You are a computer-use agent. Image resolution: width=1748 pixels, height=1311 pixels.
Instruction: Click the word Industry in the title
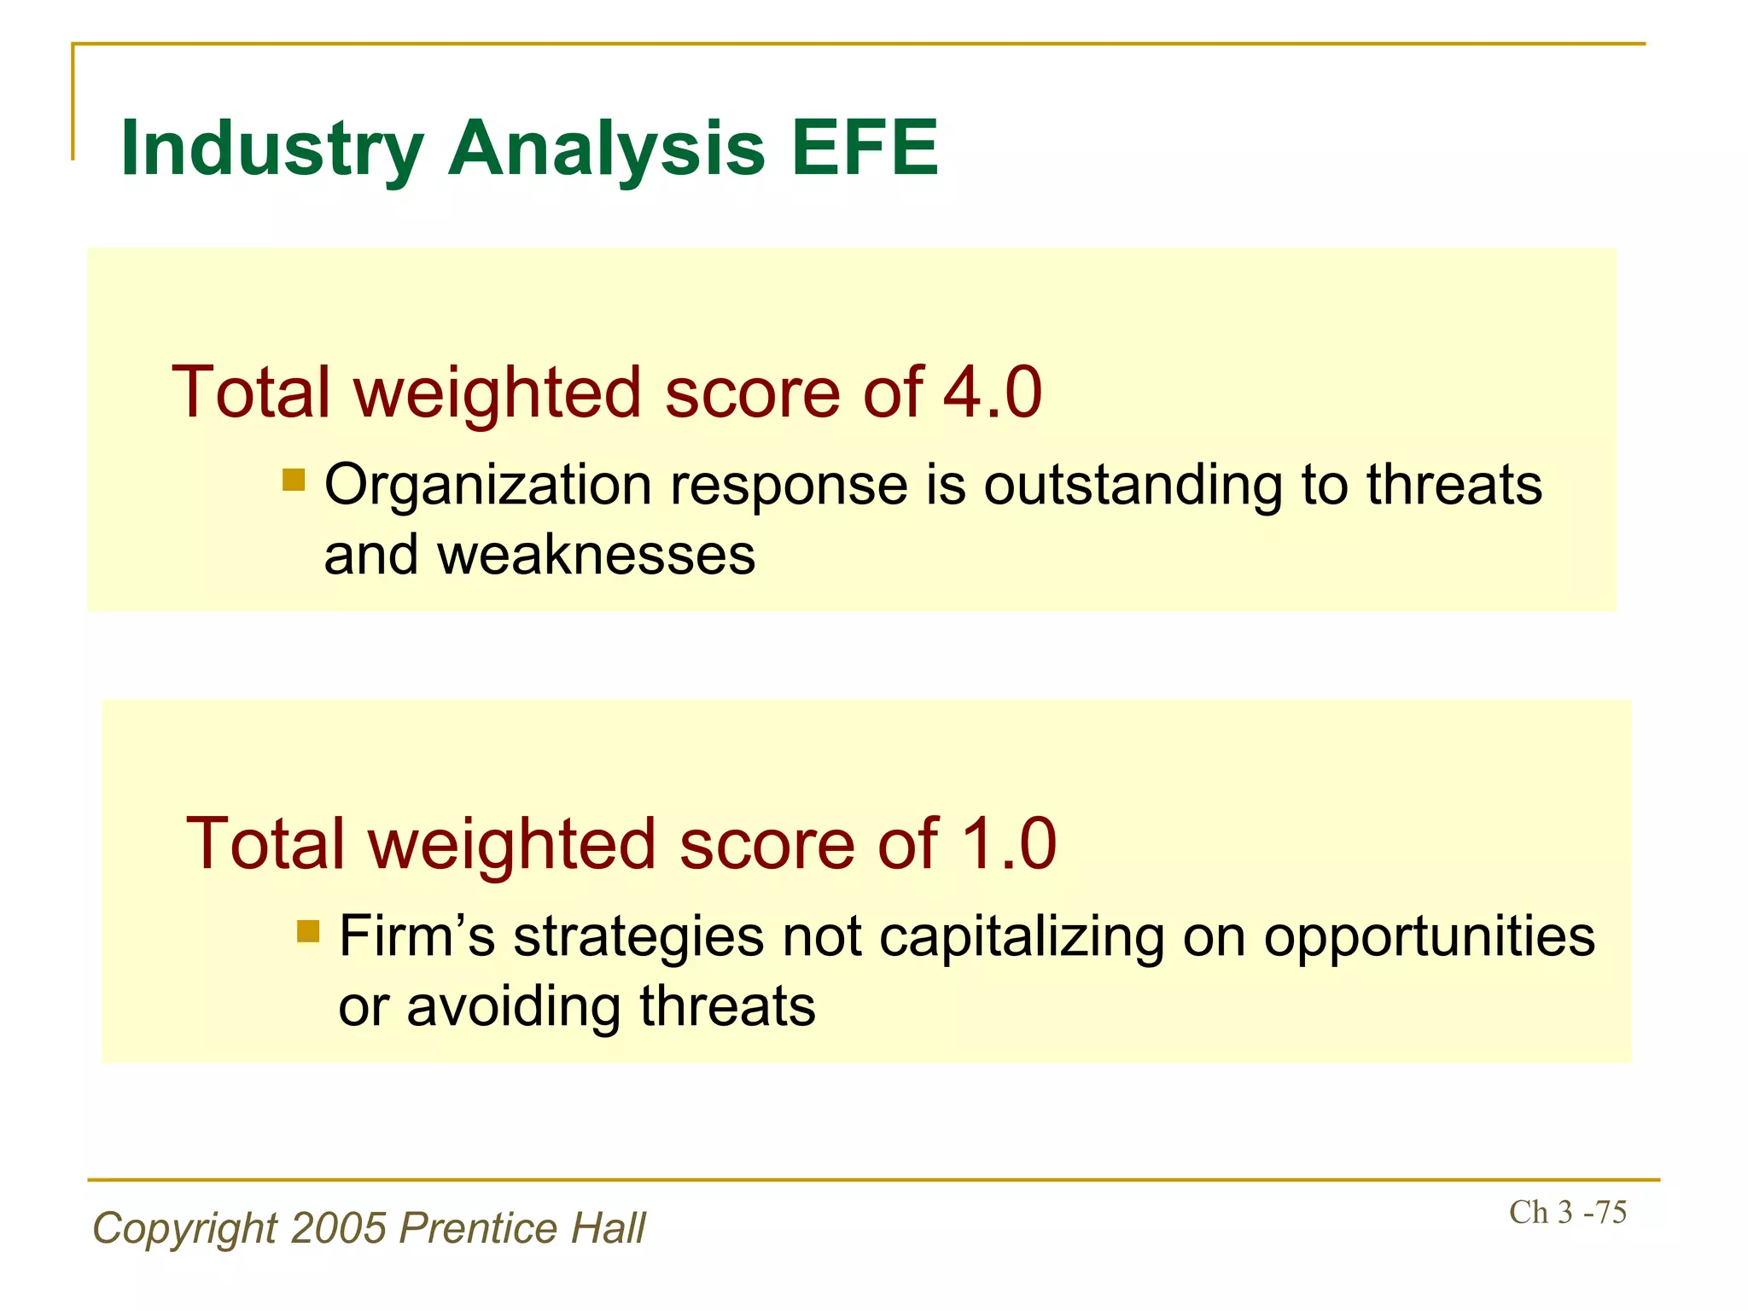[271, 149]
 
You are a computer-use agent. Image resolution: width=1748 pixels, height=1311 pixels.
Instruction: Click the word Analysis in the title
[606, 149]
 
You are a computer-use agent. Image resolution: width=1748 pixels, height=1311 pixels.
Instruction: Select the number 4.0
[993, 393]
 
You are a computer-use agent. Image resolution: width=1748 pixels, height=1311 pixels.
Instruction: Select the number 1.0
[1009, 844]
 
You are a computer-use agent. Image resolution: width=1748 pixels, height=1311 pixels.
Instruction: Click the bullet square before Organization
[294, 480]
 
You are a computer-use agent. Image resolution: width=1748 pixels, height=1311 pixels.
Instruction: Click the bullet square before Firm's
[308, 931]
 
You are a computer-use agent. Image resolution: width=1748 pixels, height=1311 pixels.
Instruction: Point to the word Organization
[488, 487]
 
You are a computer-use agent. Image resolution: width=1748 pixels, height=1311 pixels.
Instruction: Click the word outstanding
[1133, 485]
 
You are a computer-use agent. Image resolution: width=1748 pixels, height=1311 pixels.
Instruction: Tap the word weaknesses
[596, 556]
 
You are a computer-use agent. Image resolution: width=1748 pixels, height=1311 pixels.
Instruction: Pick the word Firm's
[417, 936]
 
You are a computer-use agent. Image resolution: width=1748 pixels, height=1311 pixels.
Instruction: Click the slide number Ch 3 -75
[1567, 1213]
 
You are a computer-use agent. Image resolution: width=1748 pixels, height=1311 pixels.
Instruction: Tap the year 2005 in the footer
[339, 1229]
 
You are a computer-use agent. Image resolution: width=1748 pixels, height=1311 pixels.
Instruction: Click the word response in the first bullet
[789, 487]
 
